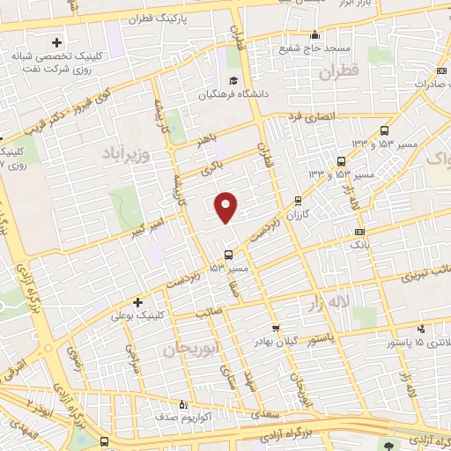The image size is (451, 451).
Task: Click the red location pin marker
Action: (226, 206)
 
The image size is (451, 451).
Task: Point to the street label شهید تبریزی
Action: (420, 274)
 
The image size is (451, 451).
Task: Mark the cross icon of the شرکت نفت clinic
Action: (58, 41)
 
